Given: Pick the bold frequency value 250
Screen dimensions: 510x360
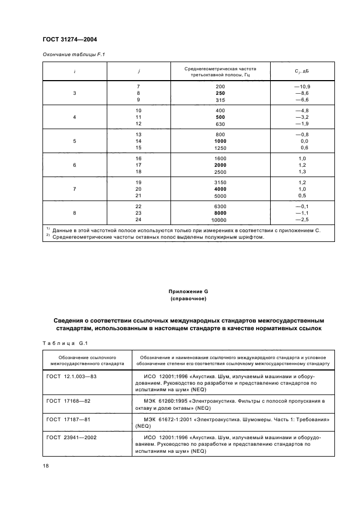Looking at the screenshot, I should tap(220, 93).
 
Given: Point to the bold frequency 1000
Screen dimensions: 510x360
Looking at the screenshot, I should tap(220, 141).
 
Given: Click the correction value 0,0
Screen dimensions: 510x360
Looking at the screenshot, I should tap(303, 141).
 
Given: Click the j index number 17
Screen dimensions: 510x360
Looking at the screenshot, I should tap(138, 165).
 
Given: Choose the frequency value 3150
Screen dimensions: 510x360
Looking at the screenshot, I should tap(220, 183).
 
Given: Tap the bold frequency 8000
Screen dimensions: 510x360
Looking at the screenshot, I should tap(220, 213).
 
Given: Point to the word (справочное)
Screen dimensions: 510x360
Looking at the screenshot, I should tap(179, 299).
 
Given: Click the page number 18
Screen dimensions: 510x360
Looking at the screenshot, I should tap(46, 466).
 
